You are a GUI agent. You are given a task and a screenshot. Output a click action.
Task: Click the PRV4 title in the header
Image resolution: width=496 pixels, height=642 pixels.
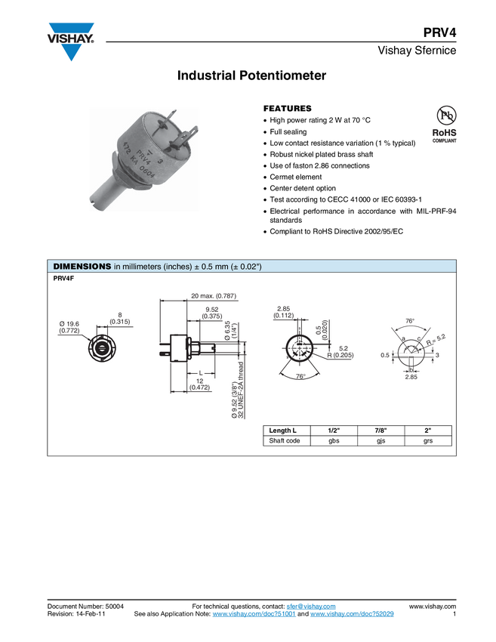click(439, 32)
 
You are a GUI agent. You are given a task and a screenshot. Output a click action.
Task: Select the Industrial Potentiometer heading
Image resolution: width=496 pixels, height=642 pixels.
click(251, 76)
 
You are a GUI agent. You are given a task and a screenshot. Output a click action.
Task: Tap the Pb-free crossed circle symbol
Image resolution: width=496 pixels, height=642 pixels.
click(446, 115)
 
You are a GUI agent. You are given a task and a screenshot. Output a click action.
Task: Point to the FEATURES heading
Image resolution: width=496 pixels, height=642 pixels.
click(288, 109)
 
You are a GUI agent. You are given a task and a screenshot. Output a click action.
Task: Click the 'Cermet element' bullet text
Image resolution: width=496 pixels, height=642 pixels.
click(295, 177)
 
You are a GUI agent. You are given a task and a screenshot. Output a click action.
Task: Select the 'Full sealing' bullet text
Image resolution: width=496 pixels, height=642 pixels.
click(288, 132)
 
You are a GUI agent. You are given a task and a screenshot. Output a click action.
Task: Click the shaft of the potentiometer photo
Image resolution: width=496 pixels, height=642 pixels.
click(103, 192)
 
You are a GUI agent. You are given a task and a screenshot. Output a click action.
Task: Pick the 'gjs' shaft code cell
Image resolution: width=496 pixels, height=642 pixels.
click(381, 441)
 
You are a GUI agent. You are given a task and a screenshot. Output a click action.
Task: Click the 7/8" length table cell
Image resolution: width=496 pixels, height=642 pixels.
click(380, 431)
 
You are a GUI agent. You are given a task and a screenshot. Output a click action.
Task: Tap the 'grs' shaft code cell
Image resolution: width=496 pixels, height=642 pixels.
click(428, 441)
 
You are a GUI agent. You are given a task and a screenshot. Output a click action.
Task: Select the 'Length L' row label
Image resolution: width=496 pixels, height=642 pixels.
click(283, 431)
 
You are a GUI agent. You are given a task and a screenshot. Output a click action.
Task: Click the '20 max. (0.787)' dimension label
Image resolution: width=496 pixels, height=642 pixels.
click(214, 295)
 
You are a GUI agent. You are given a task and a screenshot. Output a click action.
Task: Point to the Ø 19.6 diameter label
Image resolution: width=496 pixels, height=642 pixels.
click(69, 327)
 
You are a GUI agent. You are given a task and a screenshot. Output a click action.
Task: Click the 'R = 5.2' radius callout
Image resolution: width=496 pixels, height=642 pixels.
click(436, 339)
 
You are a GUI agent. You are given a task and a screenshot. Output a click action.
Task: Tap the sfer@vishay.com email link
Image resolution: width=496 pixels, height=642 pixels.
click(311, 607)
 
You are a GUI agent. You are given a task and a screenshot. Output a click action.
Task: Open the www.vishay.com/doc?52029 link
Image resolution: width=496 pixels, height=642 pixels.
click(352, 614)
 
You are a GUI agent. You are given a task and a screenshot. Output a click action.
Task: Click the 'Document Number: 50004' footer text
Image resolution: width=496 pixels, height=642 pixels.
click(85, 607)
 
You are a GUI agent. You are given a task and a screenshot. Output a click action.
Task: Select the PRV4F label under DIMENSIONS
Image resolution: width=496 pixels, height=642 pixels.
click(63, 279)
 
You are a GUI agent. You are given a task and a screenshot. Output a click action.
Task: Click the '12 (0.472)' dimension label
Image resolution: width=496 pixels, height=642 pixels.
click(200, 384)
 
